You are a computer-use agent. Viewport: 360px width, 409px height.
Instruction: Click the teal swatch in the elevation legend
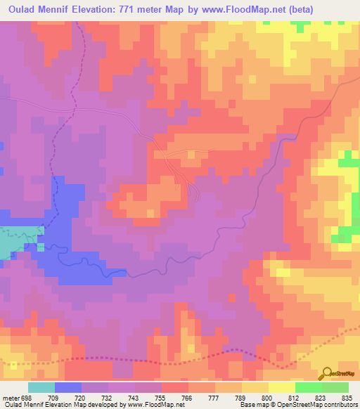pos(41,387)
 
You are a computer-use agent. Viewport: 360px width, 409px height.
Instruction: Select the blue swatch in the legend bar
pos(68,387)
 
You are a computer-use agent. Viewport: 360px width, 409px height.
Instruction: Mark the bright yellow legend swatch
pos(282,387)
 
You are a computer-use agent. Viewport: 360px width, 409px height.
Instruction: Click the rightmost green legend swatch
pos(335,387)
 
